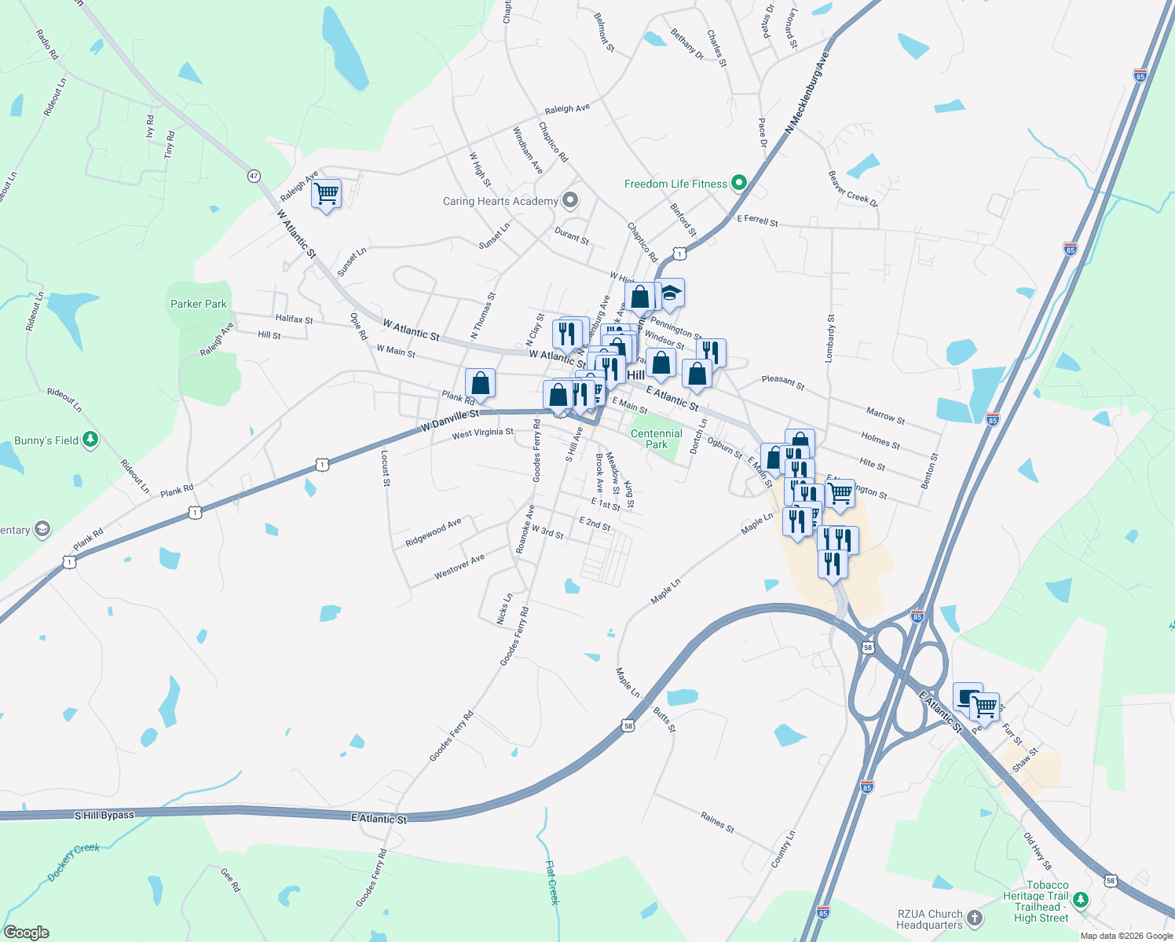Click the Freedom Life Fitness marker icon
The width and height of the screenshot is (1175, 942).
738,183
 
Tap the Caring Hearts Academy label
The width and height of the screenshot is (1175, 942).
500,202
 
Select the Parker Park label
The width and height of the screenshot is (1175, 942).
199,304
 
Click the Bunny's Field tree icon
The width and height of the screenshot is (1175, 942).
90,440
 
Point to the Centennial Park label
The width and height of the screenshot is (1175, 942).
657,439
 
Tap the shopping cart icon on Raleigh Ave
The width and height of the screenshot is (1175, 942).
326,192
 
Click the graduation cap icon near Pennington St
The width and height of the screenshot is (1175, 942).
669,294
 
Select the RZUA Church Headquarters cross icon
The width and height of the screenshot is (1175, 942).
974,918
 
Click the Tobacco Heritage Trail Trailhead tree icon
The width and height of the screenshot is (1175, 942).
1082,900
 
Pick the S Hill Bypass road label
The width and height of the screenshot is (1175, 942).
104,816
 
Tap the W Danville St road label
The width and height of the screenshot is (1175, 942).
449,418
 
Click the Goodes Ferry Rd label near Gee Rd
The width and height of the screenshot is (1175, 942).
372,878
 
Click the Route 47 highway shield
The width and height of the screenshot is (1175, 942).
254,176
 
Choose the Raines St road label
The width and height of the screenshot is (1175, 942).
717,822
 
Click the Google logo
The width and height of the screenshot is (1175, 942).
27,933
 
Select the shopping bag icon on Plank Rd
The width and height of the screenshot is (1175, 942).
481,384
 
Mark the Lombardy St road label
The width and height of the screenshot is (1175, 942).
829,338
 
